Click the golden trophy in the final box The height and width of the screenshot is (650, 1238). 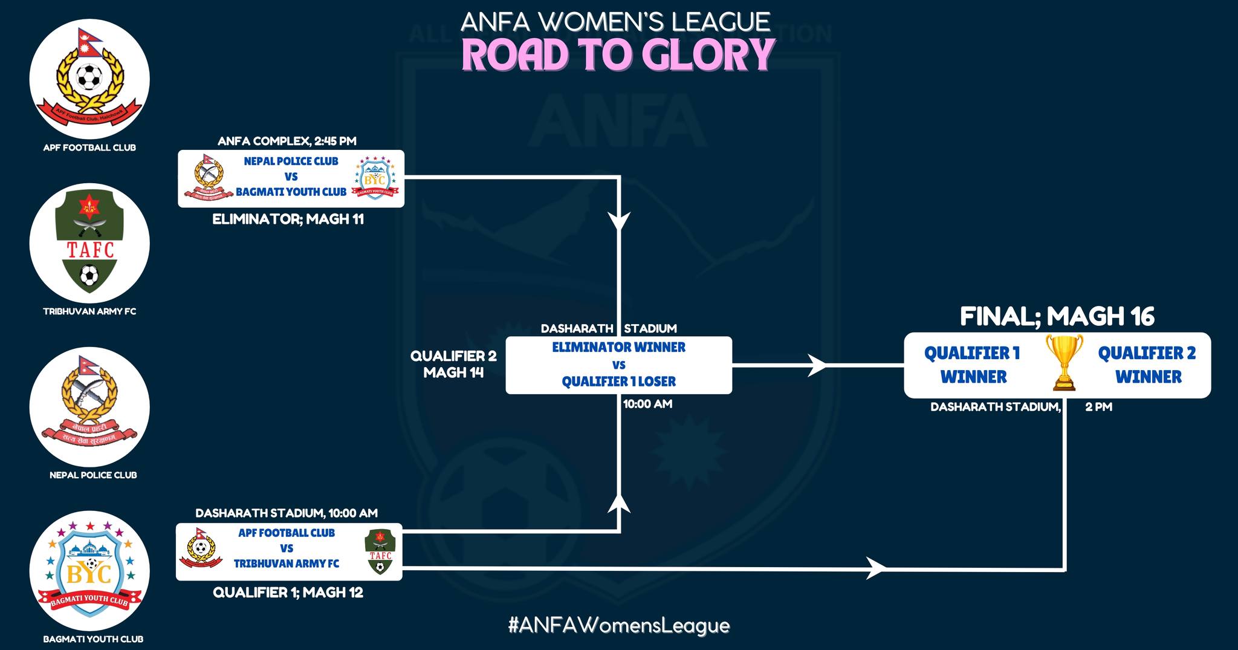click(1064, 363)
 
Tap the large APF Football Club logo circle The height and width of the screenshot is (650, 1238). click(89, 79)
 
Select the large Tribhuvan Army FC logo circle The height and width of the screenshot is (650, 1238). click(89, 243)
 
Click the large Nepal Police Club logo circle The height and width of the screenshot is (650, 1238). click(89, 406)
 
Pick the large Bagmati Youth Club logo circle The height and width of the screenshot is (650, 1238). click(89, 571)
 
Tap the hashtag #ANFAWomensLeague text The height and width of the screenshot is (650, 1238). click(619, 625)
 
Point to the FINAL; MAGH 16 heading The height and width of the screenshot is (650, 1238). click(1057, 316)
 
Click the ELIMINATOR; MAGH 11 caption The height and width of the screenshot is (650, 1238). click(288, 219)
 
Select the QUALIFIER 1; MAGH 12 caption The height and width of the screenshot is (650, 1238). click(288, 593)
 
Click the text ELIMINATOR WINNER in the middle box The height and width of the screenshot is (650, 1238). click(618, 348)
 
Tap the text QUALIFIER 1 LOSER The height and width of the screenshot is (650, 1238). click(618, 382)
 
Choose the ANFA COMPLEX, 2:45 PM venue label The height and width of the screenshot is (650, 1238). click(287, 141)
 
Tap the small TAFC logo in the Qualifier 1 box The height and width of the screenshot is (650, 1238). click(380, 551)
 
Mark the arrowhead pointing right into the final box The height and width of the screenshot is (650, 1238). click(817, 365)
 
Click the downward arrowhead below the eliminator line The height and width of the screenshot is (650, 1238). click(619, 221)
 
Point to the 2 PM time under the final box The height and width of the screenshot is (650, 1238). click(1098, 407)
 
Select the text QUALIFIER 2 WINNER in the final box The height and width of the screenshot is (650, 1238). click(1147, 365)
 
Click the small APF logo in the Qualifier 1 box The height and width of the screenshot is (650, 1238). click(201, 548)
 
